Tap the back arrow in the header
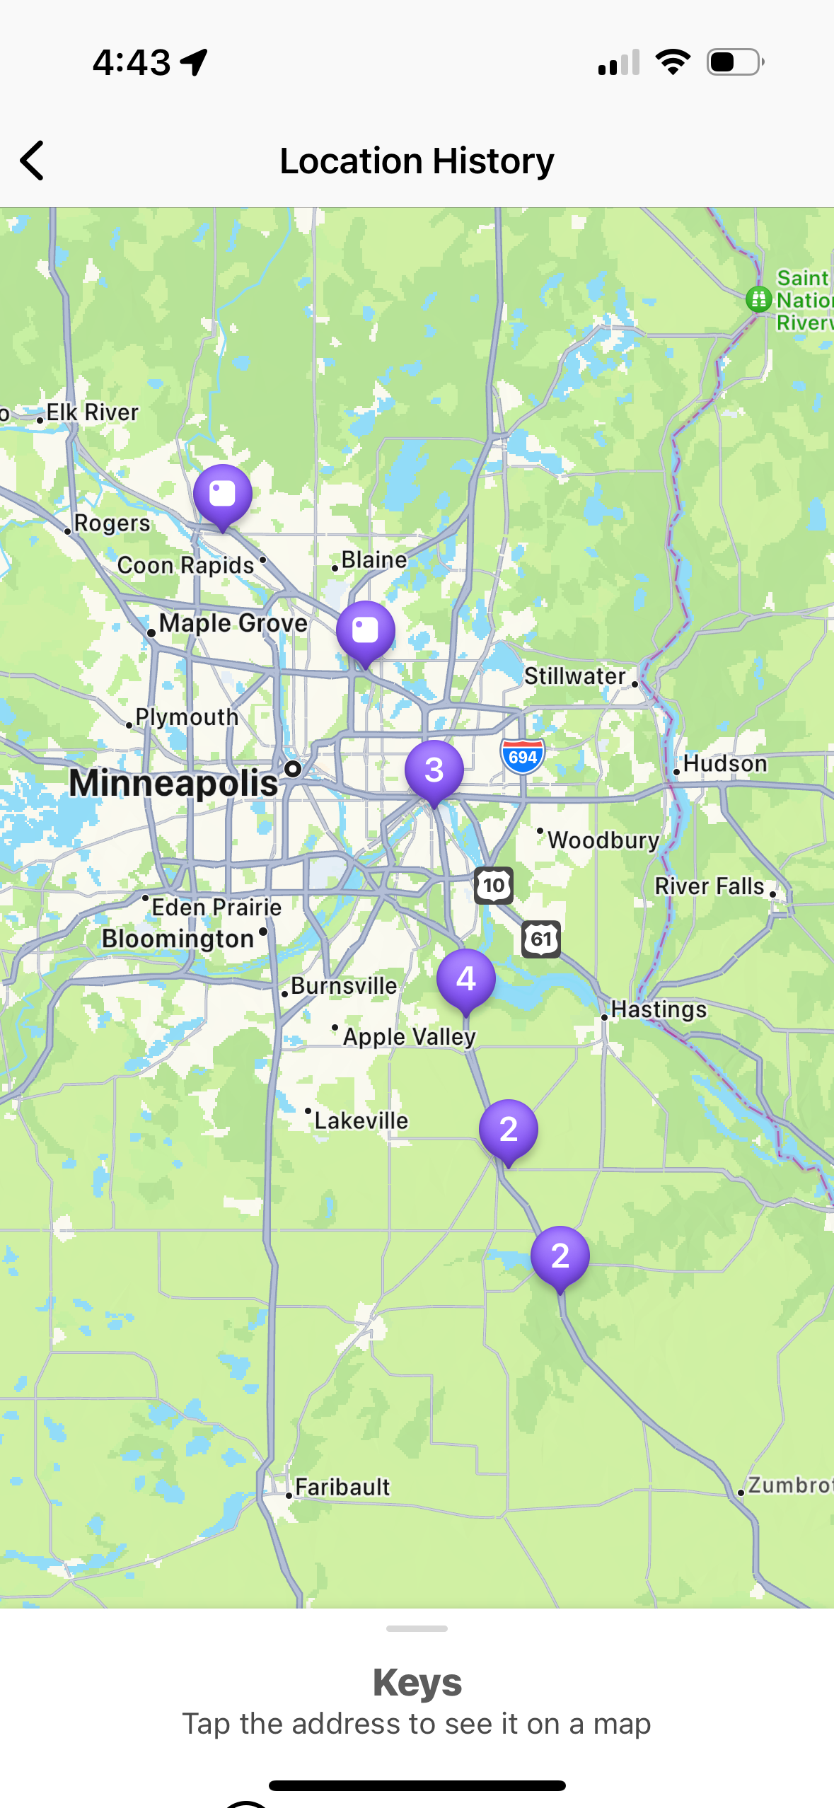(33, 161)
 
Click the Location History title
(417, 161)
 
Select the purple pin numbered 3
(434, 770)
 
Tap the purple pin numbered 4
(465, 979)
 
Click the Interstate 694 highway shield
(523, 757)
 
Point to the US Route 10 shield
(493, 885)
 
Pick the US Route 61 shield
(541, 939)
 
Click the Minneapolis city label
(173, 783)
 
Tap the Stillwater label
(575, 676)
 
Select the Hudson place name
(724, 764)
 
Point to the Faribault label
(342, 1487)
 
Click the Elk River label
(92, 412)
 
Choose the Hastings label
(659, 1009)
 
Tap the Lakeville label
(361, 1120)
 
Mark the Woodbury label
(603, 840)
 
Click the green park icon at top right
(758, 299)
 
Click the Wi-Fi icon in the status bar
(673, 62)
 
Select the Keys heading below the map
(417, 1683)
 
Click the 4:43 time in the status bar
(132, 62)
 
